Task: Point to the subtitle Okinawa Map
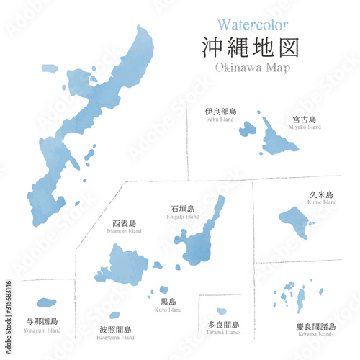click(252, 68)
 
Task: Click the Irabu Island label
click(220, 114)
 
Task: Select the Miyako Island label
click(306, 122)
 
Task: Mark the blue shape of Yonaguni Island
click(47, 302)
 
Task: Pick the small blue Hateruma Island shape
click(114, 315)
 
